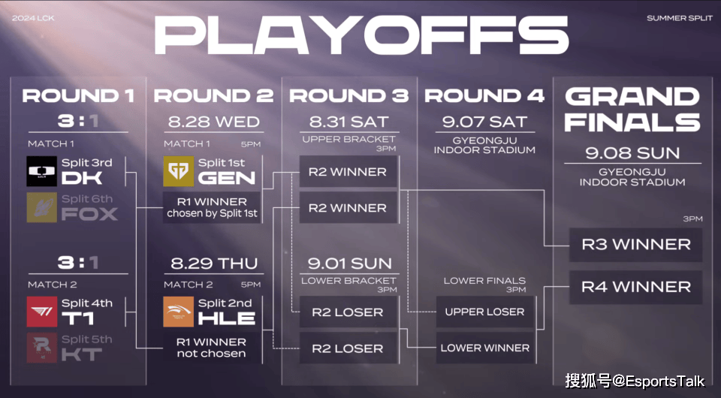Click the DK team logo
42,171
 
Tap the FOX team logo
42,207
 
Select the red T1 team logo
42,312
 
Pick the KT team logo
42,348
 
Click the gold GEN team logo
179,171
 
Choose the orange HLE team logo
179,312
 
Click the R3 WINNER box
635,245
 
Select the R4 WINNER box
635,287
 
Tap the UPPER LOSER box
484,312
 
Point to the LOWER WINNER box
484,348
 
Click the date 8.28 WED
214,122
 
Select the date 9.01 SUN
349,264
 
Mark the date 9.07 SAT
484,122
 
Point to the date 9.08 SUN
632,153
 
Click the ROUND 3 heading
348,95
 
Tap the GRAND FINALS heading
632,110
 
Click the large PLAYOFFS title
361,35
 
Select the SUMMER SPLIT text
680,18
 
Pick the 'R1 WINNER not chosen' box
212,348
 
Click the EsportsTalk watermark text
635,381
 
